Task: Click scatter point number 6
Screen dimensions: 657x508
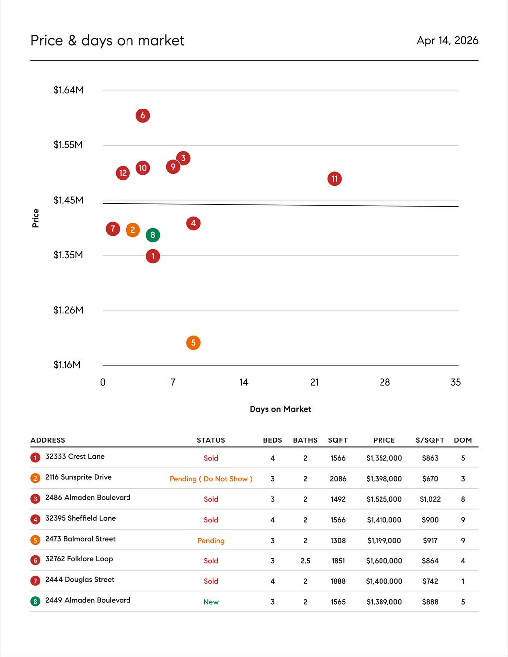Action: (143, 116)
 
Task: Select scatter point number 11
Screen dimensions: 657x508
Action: (335, 179)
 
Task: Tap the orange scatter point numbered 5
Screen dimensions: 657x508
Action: (193, 343)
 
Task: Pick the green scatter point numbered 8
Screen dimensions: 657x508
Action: (153, 235)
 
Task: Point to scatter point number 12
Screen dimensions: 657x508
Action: (123, 173)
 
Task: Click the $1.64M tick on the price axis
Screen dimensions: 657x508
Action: (69, 90)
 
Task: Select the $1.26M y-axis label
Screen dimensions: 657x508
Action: (69, 310)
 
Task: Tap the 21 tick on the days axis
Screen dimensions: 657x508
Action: (314, 382)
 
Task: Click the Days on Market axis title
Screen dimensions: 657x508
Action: (280, 409)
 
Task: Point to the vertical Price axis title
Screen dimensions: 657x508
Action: (36, 219)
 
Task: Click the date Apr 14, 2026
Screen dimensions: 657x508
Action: (447, 41)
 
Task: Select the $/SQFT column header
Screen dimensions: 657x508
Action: (430, 440)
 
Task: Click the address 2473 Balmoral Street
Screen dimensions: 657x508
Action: (80, 539)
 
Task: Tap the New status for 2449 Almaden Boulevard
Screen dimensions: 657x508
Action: (211, 602)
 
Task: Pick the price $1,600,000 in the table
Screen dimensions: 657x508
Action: (384, 561)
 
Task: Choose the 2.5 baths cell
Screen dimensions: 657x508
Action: (305, 561)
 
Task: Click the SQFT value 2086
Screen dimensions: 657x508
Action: (338, 479)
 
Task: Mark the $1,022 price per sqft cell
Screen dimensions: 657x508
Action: (430, 499)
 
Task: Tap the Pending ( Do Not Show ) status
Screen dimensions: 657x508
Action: (211, 479)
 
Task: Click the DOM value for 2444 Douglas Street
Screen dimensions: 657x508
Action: (463, 581)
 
